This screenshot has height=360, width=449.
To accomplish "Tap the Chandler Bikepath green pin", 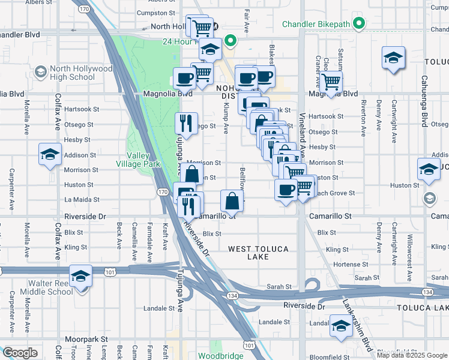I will (359, 24).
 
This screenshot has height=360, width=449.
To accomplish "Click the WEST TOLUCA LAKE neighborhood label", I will (258, 253).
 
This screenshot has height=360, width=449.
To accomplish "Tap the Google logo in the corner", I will (20, 353).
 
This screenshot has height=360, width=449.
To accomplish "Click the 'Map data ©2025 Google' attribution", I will (412, 355).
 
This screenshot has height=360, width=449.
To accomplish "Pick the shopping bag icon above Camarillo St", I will (232, 200).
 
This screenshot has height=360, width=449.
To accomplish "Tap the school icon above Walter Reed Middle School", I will (80, 275).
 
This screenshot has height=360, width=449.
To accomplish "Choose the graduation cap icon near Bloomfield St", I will (341, 326).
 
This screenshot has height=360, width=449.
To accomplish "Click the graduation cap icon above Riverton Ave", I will (393, 58).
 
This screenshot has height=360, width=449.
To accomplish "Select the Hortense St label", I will (351, 264).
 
